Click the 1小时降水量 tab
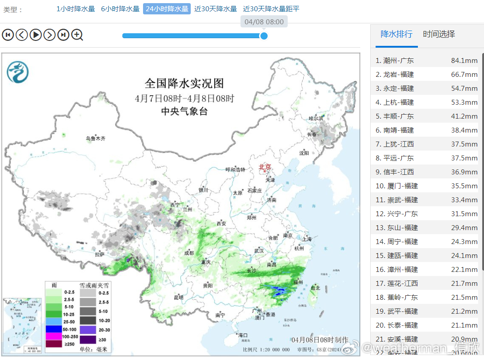click(x=76, y=9)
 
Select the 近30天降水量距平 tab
click(x=271, y=9)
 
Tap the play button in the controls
click(x=36, y=35)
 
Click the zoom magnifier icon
click(x=77, y=35)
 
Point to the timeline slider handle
click(x=264, y=36)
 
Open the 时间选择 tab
click(x=439, y=34)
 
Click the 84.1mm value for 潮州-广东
click(x=464, y=61)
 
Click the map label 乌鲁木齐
click(x=95, y=138)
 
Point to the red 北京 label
click(x=265, y=167)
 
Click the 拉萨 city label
click(x=99, y=254)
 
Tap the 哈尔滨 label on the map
click(x=316, y=118)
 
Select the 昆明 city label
click(x=178, y=298)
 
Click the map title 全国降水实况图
click(x=184, y=84)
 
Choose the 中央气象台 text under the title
click(x=184, y=112)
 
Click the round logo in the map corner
click(x=18, y=72)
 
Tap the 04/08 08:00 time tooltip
click(x=264, y=22)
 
